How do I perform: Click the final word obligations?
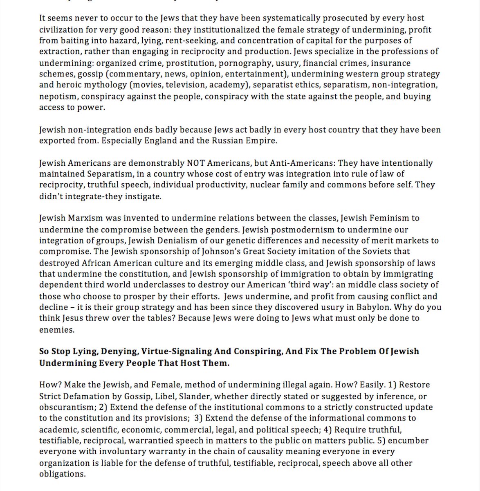coord(61,474)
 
